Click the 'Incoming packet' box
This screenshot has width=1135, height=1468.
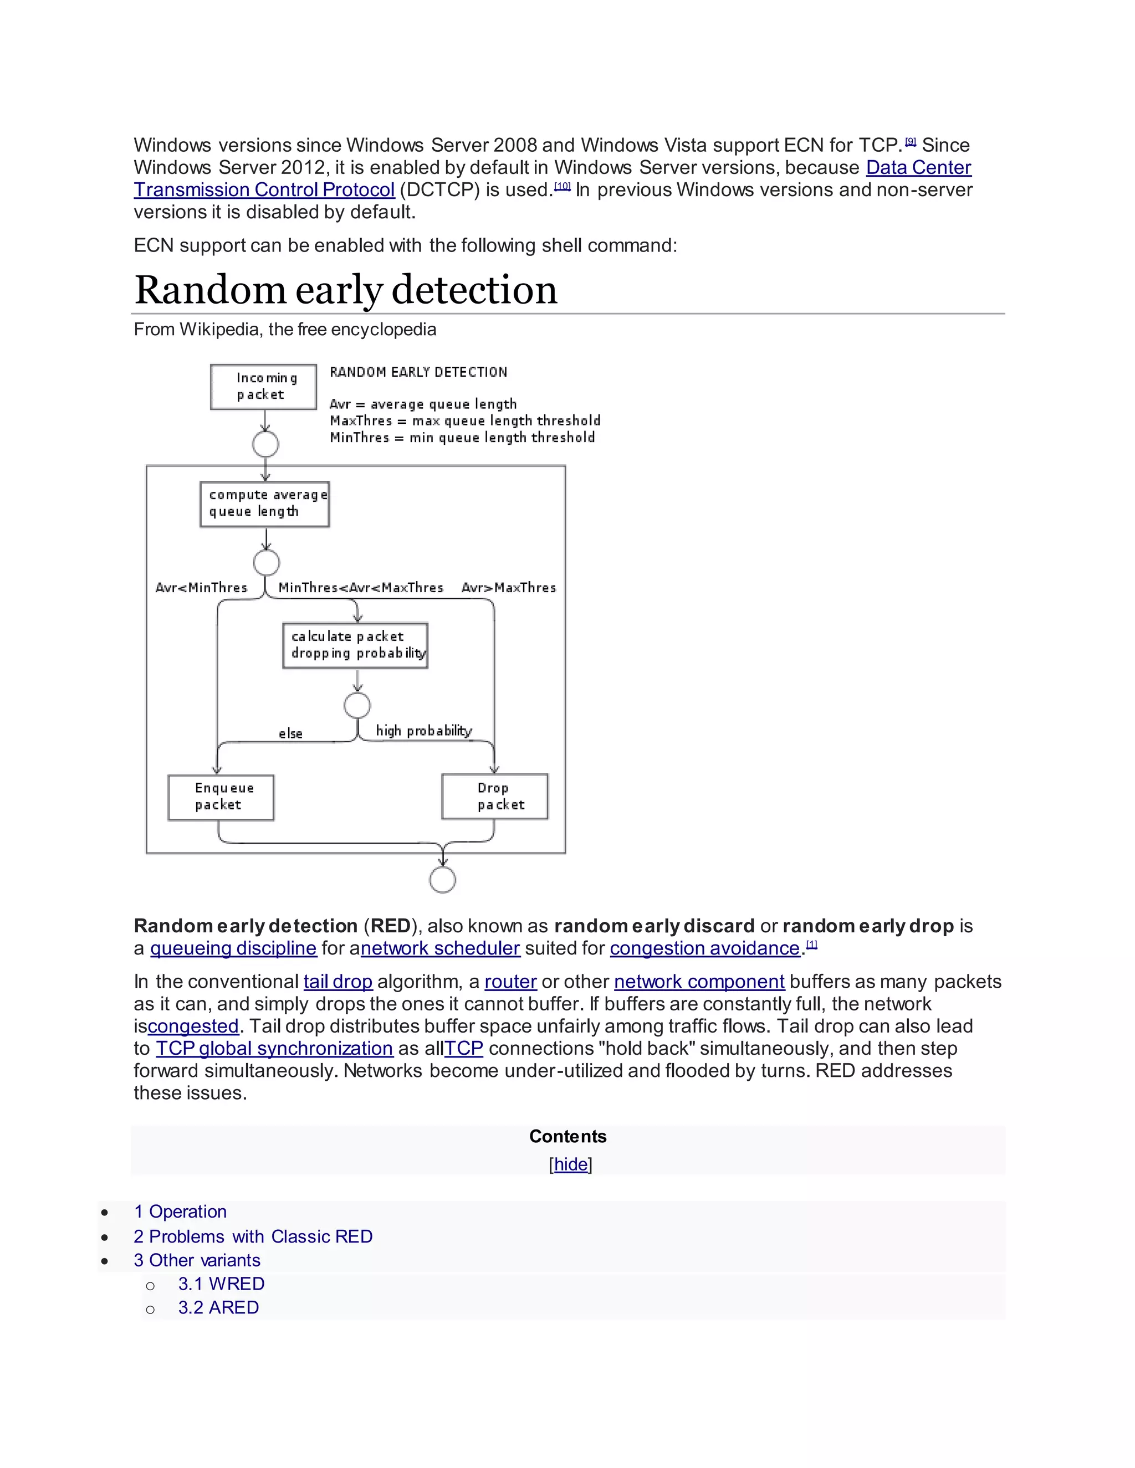tap(264, 387)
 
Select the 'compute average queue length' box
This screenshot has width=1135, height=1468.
tap(265, 504)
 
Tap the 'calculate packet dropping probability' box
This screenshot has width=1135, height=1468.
tap(355, 645)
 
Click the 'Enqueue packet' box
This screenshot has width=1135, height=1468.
tap(221, 797)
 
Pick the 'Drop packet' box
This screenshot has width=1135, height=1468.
tap(495, 797)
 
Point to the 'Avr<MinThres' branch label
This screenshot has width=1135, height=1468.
tap(201, 587)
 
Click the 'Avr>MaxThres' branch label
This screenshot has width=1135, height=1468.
tap(509, 587)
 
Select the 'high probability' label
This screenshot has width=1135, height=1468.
tap(423, 731)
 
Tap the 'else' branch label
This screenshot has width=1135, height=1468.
tap(290, 733)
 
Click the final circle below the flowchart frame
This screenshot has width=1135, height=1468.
tap(442, 879)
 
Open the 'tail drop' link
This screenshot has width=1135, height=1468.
tap(338, 982)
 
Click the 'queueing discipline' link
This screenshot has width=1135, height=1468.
tap(233, 948)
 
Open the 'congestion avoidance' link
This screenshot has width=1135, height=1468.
tap(705, 948)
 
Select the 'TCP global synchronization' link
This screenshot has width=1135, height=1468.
tap(274, 1048)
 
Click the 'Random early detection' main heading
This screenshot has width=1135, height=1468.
tap(346, 290)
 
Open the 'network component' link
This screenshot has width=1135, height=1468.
tap(699, 982)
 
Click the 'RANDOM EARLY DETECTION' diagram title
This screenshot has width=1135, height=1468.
tap(418, 372)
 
